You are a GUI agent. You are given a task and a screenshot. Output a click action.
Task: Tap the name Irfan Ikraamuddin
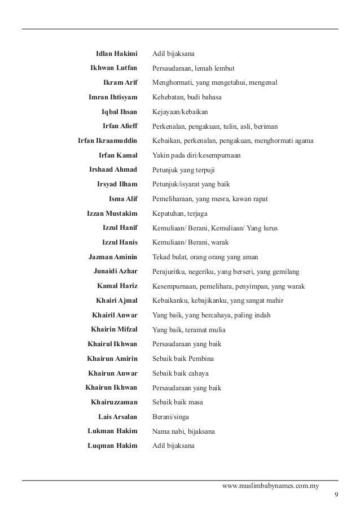tap(107, 141)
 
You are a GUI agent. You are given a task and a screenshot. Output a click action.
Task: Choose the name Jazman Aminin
tap(113, 257)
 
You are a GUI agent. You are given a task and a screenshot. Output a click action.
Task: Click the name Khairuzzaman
tap(114, 402)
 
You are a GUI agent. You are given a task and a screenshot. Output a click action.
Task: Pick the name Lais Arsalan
tap(118, 417)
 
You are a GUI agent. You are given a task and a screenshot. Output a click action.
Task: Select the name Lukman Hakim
tap(113, 431)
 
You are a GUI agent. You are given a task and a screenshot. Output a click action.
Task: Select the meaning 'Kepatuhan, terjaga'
tap(179, 213)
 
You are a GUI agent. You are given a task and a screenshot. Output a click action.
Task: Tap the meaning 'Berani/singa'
tap(170, 417)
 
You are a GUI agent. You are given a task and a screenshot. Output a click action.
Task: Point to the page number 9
tap(336, 496)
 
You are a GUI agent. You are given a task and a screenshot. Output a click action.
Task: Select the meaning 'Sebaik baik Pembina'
tap(183, 359)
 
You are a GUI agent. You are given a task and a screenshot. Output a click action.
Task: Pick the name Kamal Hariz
tap(117, 286)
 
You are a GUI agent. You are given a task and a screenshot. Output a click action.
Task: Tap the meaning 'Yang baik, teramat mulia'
tap(190, 329)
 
